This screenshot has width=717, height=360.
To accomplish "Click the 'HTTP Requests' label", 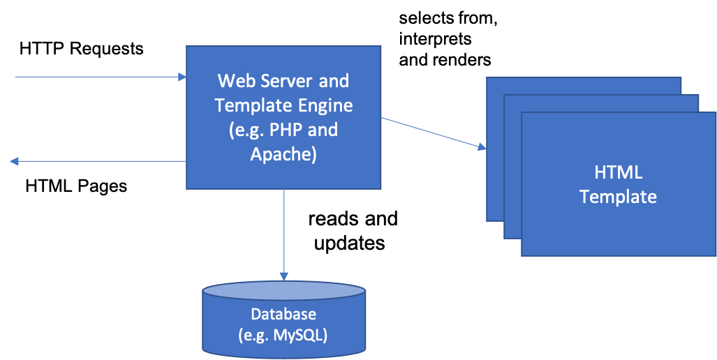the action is click(x=82, y=48).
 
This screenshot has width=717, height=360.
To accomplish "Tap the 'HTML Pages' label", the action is click(x=76, y=186).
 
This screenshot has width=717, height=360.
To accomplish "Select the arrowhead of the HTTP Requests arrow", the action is click(x=182, y=77).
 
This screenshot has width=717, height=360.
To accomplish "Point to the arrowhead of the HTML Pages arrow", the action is click(x=14, y=161).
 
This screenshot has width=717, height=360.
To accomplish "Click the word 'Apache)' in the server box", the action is click(x=283, y=154).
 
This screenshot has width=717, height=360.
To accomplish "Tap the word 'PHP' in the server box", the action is click(x=286, y=130).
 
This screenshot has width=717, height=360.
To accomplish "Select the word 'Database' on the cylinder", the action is click(x=283, y=314).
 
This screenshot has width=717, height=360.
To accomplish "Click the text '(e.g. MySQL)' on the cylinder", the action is click(x=283, y=335).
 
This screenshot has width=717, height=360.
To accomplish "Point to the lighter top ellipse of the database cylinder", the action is click(x=284, y=291).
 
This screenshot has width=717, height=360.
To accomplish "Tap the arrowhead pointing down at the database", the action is click(x=284, y=276).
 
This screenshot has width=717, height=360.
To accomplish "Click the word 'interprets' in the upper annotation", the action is click(x=435, y=39).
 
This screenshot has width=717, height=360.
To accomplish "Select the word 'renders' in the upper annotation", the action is click(x=462, y=59).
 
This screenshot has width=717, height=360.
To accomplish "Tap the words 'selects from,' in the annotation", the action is click(x=448, y=19).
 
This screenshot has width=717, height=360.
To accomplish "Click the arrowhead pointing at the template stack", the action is click(x=482, y=147).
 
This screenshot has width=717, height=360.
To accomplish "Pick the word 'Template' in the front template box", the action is click(x=619, y=197).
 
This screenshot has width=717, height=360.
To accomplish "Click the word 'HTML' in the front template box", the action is click(x=619, y=173).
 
